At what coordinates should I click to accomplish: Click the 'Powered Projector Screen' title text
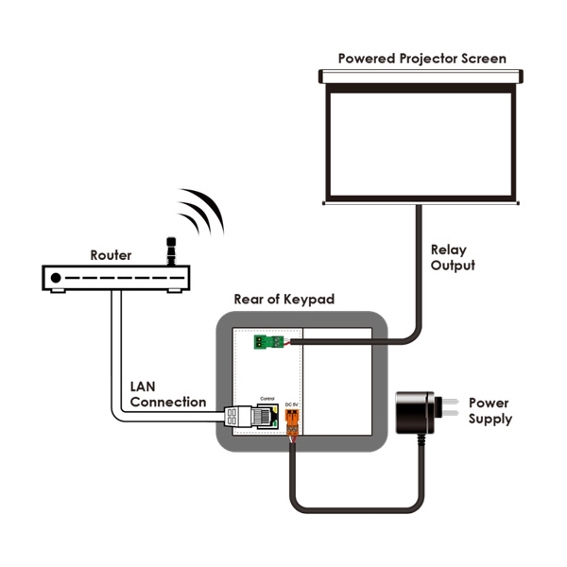[421, 59]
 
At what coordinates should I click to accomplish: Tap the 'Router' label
[111, 255]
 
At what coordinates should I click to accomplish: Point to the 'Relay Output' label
[453, 258]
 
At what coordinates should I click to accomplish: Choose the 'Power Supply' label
[490, 410]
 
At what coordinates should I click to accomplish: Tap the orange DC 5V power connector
[292, 426]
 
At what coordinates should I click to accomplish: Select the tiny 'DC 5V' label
[292, 405]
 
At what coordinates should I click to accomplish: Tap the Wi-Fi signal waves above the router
[200, 211]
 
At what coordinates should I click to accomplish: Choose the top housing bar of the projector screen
[421, 76]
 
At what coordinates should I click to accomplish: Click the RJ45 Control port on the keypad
[267, 417]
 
